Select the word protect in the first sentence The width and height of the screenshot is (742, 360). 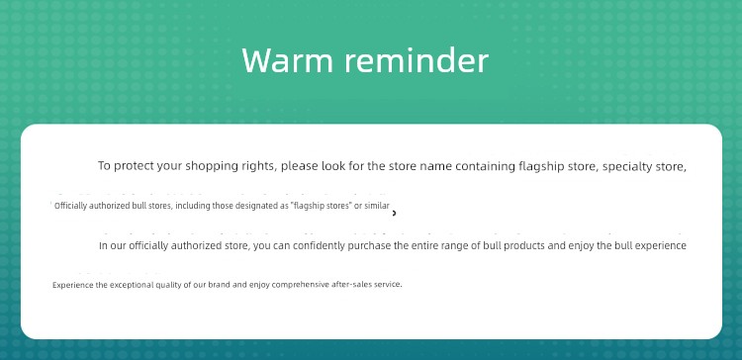[134, 166]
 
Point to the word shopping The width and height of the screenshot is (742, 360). [206, 166]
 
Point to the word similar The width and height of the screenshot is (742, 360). [377, 206]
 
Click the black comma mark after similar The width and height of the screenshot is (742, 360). [394, 214]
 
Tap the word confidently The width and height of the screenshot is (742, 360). [319, 246]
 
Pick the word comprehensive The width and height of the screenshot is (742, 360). [301, 285]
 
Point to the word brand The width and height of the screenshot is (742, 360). [220, 285]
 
